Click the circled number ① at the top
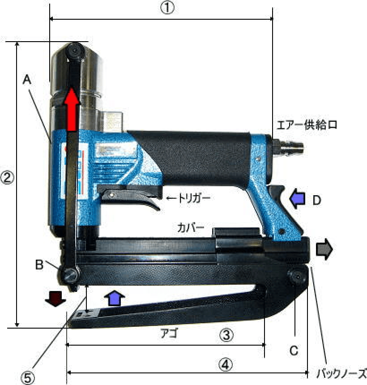167,8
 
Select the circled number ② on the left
7,178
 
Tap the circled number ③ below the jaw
226,335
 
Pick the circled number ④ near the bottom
226,364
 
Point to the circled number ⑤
27,377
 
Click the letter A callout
27,80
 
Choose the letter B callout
39,265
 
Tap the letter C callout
294,351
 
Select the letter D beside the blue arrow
317,201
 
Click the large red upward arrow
72,109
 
